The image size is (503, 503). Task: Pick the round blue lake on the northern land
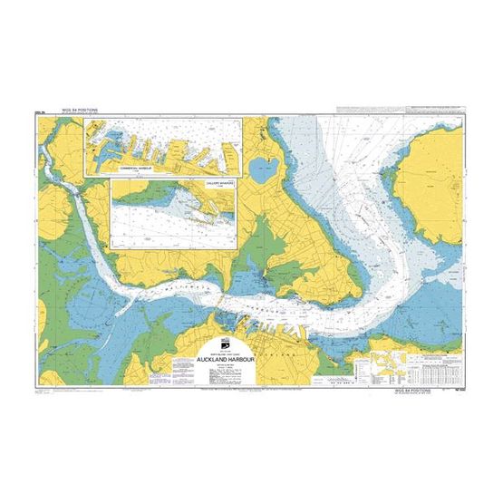click(263, 167)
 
